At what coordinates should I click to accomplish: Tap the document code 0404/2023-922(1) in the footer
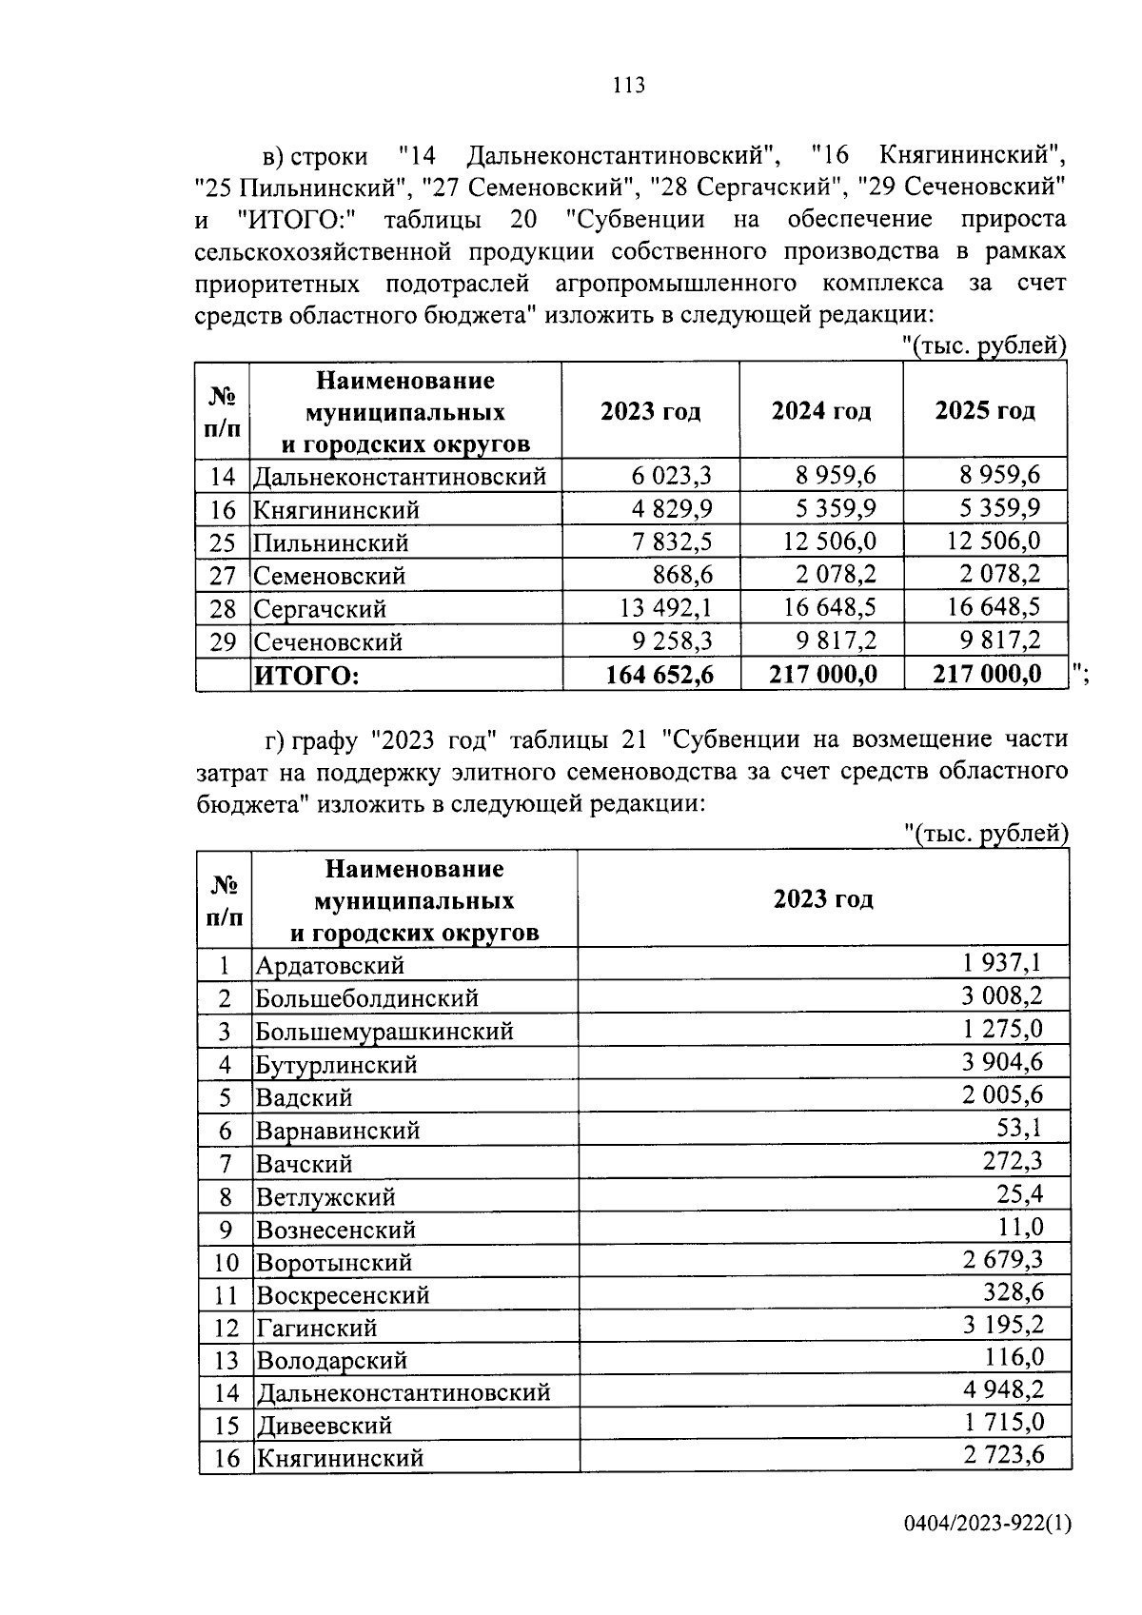click(x=987, y=1524)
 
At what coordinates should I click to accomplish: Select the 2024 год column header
click(x=820, y=411)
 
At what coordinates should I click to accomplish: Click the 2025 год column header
click(x=984, y=411)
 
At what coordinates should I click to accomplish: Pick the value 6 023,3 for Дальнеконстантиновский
click(x=672, y=475)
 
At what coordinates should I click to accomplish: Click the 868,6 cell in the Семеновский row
click(x=683, y=575)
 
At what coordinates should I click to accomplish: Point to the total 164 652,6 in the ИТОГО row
click(x=660, y=675)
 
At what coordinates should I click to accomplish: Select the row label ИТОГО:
click(x=305, y=676)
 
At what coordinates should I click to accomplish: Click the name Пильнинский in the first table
click(x=331, y=543)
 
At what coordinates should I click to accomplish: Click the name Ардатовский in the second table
click(x=329, y=966)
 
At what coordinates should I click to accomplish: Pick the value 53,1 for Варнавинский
click(x=1019, y=1129)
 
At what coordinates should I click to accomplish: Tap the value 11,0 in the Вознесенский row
click(x=1019, y=1228)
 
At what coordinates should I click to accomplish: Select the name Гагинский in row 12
click(x=316, y=1328)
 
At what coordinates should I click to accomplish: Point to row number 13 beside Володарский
click(x=226, y=1361)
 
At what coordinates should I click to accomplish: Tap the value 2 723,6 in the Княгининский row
click(x=1003, y=1455)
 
